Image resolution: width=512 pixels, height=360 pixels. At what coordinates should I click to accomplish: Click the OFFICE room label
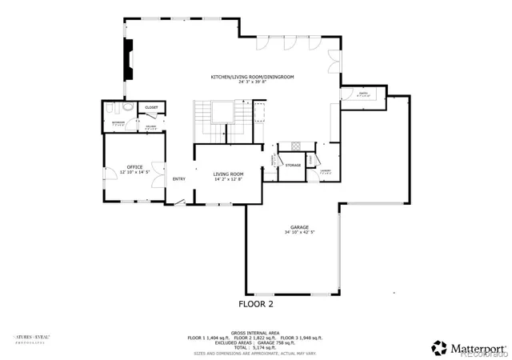pos(134,166)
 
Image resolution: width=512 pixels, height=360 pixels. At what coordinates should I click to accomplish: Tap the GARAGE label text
pos(301,226)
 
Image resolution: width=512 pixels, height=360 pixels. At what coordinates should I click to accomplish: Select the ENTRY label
pos(179,178)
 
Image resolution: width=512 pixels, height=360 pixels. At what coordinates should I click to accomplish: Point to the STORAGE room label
pos(294,166)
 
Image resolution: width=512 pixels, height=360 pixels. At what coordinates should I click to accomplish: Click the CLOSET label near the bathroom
pos(151,107)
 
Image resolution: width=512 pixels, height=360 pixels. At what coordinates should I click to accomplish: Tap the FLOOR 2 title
pos(256,304)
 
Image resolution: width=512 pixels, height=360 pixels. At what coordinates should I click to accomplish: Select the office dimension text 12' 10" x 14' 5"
pos(134,172)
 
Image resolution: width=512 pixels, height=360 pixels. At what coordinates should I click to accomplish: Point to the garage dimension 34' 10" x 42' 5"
pos(301,232)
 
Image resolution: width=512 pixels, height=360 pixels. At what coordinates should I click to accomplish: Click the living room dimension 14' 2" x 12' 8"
pos(228,179)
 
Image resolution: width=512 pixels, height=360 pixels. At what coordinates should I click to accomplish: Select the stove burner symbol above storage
pos(294,146)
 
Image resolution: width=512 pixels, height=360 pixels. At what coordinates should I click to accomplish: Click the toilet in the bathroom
pos(128,107)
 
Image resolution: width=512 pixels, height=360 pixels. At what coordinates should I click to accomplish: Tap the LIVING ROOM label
pos(228,174)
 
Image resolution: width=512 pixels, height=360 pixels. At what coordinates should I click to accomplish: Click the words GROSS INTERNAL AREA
pos(255,331)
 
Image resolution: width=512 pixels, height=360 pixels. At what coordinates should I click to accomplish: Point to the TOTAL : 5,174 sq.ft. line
pos(255,347)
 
